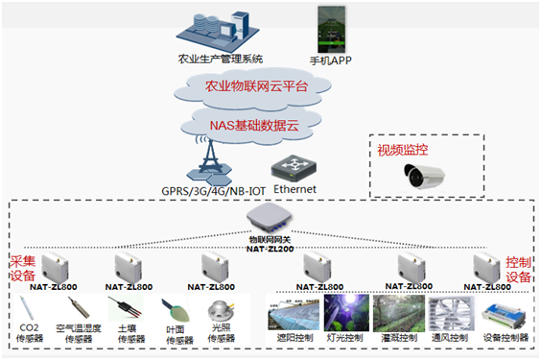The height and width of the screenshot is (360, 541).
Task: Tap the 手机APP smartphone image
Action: pos(331,30)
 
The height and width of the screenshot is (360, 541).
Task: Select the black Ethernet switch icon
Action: pos(294,167)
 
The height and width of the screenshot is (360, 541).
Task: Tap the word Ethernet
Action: pos(294,189)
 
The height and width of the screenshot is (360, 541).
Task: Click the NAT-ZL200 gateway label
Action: pos(270,247)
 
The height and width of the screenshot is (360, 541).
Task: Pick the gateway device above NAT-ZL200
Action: pos(270,223)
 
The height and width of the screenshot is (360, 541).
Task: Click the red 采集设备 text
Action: pos(21,270)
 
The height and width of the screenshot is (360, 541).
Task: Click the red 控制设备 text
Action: pos(518,270)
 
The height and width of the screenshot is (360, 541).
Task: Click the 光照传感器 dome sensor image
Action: pos(220,312)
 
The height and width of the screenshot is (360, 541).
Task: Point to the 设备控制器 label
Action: pos(505,339)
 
